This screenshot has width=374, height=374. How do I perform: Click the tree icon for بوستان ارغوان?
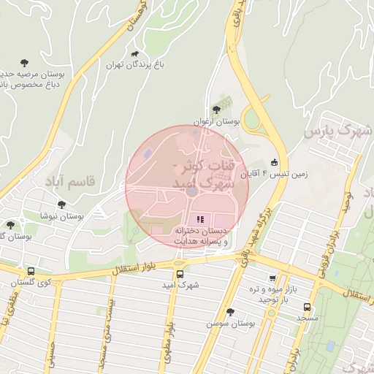pyautogui.click(x=216, y=109)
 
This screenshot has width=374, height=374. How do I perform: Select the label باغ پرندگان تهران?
pyautogui.click(x=135, y=66)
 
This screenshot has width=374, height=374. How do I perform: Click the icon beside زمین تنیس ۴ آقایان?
pyautogui.click(x=274, y=161)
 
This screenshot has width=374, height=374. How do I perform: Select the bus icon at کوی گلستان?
pyautogui.click(x=30, y=270)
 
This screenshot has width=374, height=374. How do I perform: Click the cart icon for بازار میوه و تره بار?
pyautogui.click(x=273, y=278)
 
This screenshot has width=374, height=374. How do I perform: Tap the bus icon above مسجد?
pyautogui.click(x=307, y=307)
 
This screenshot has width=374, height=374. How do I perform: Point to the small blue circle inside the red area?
pyautogui.click(x=191, y=191)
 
